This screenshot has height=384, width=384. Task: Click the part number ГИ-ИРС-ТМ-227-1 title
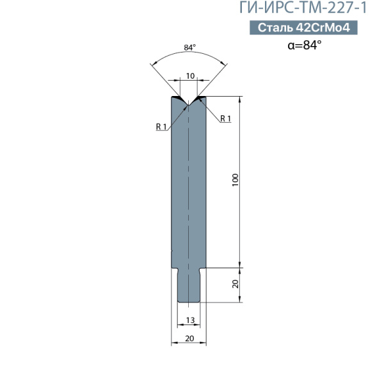(x=303, y=7)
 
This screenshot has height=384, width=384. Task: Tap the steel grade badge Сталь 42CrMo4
(x=303, y=28)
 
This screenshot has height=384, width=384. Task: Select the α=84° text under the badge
(x=305, y=45)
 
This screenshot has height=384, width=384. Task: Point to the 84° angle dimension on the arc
(x=190, y=47)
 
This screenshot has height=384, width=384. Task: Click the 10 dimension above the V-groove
(x=190, y=76)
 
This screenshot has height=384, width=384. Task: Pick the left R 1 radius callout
(x=161, y=127)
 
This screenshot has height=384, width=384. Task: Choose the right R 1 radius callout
(x=225, y=118)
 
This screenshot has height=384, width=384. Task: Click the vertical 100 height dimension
(x=235, y=180)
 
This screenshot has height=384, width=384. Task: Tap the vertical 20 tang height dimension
(x=235, y=284)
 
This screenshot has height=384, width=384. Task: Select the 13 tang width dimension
(x=190, y=320)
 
